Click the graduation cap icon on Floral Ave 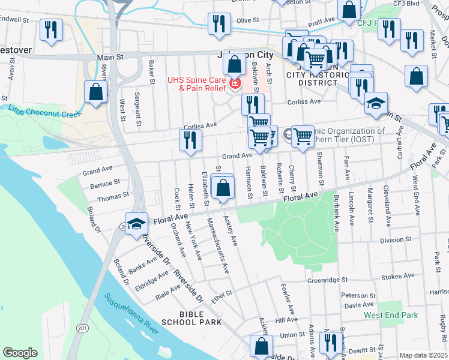click(136, 223)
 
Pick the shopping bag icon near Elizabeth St click(223, 188)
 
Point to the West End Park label click(390, 315)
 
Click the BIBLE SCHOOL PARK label click(196, 319)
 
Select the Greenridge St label click(328, 280)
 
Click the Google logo click(20, 353)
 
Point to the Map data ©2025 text click(423, 355)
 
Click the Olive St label click(247, 20)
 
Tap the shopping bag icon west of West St click(95, 92)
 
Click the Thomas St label click(113, 196)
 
